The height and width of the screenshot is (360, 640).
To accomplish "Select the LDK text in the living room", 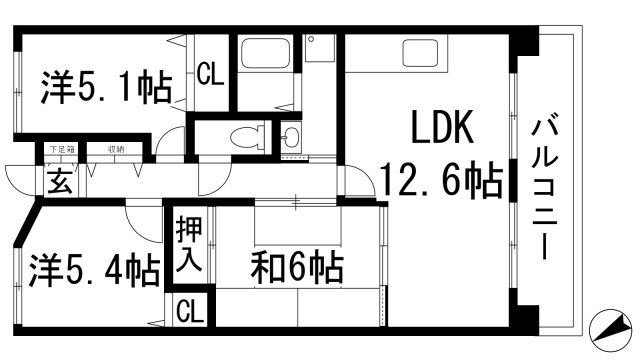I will [437, 129].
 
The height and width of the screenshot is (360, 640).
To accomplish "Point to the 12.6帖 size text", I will [439, 181].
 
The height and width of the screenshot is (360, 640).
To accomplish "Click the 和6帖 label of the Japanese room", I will [297, 267].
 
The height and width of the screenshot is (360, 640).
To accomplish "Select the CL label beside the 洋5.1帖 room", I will [210, 75].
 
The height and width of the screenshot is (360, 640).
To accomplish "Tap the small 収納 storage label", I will [118, 149].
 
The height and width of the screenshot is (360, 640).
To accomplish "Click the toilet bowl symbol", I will [243, 137].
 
